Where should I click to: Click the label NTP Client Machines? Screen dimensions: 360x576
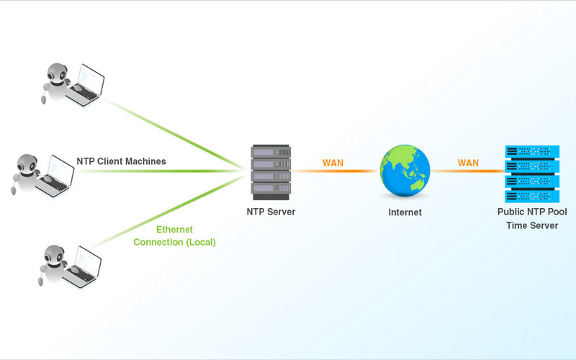(121, 161)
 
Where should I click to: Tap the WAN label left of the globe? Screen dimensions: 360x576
(333, 163)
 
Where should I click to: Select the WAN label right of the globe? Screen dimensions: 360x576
(468, 163)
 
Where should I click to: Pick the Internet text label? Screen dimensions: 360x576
(405, 212)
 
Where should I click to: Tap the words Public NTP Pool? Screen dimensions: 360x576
(532, 212)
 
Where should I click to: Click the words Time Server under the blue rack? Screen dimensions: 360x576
(532, 226)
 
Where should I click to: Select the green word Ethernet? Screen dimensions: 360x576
(175, 229)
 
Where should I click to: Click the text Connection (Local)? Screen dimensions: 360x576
(175, 242)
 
